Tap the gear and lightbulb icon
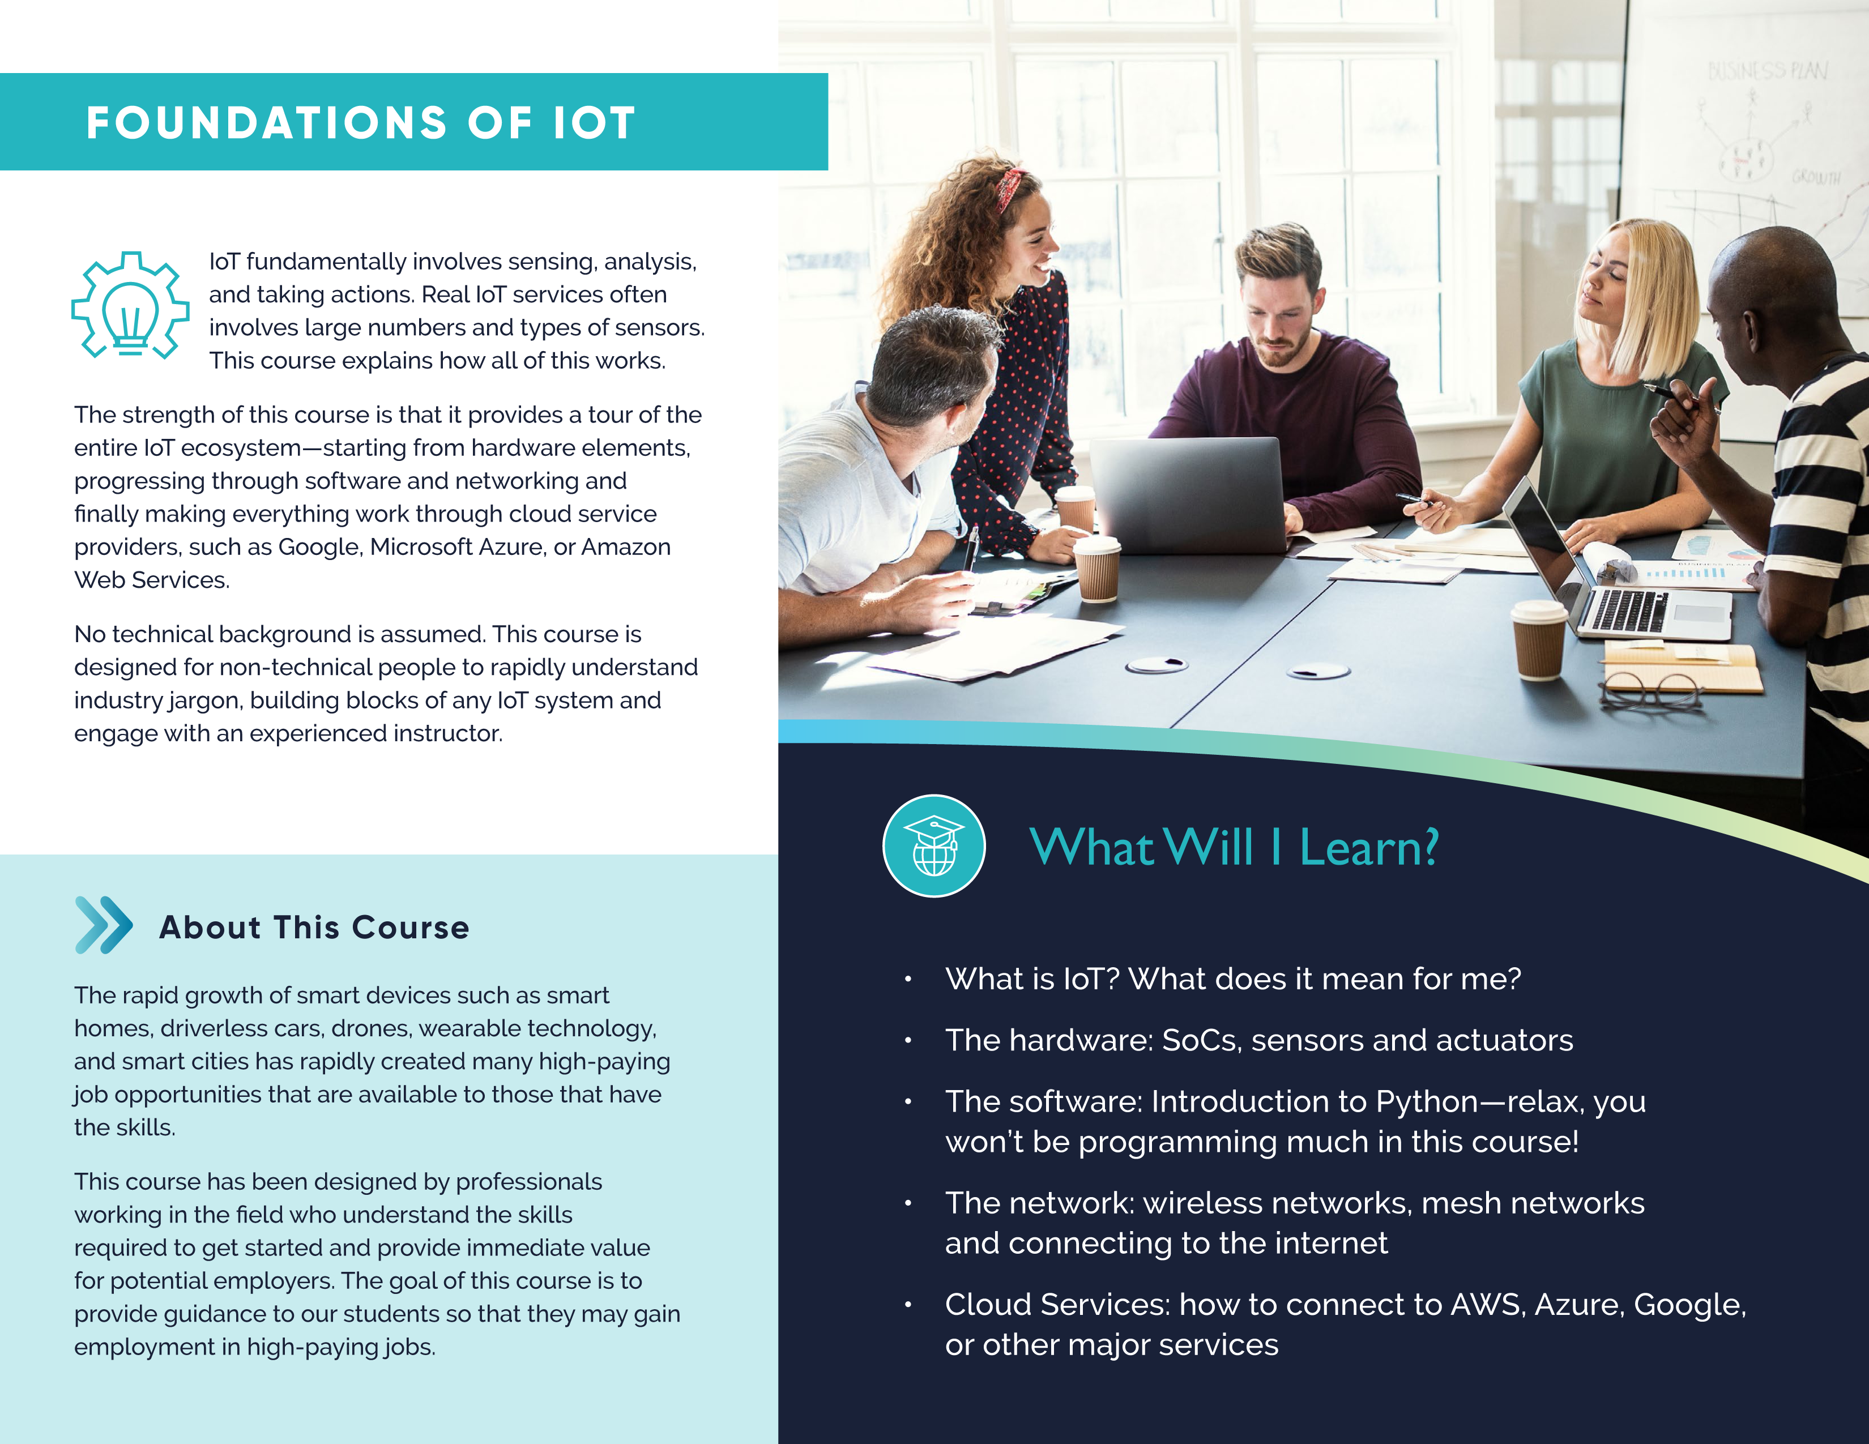click(x=130, y=305)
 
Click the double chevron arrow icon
click(x=104, y=925)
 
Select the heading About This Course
click(x=314, y=928)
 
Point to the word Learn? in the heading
click(x=1369, y=847)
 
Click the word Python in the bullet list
click(x=1427, y=1102)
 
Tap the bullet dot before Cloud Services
click(x=908, y=1305)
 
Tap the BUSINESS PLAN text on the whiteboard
click(x=1768, y=70)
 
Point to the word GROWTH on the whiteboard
click(x=1816, y=177)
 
